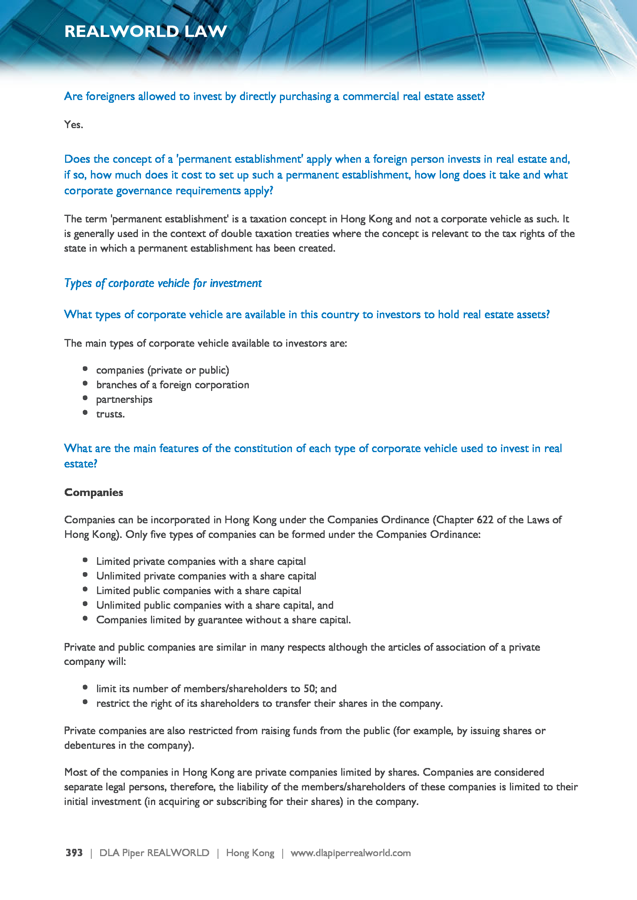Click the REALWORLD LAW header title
[x=146, y=31]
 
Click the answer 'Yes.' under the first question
[x=73, y=125]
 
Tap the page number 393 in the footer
[x=74, y=853]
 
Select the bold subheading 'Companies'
[x=93, y=493]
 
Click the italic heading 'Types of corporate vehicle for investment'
[x=163, y=283]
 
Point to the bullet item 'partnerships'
[x=124, y=399]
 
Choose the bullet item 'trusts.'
[x=110, y=414]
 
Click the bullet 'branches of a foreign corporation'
[x=172, y=385]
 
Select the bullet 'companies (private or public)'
[x=163, y=370]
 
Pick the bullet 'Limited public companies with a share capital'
[x=198, y=591]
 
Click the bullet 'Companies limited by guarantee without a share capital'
[x=223, y=620]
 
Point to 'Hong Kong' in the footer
[x=250, y=853]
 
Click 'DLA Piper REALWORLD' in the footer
[x=154, y=853]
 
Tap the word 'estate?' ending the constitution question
[x=80, y=464]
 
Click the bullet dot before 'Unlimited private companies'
[x=85, y=575]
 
